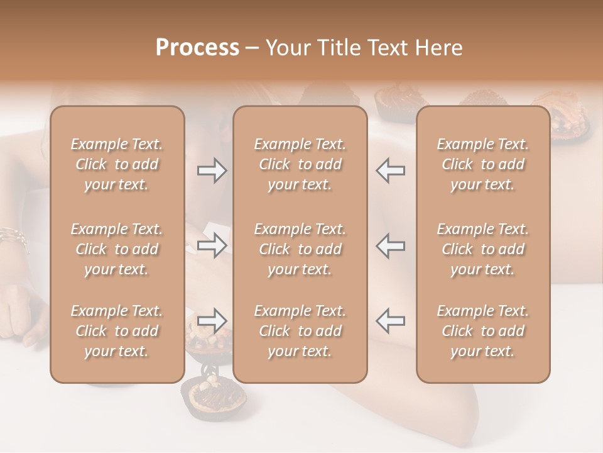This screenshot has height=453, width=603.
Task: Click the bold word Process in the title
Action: click(197, 48)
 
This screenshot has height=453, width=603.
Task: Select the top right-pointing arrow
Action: click(212, 171)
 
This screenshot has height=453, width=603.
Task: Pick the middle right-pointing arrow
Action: click(212, 245)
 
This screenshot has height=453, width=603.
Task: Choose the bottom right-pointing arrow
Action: click(212, 321)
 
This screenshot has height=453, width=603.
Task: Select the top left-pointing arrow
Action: click(391, 171)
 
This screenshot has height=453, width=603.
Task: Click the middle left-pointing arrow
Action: click(391, 245)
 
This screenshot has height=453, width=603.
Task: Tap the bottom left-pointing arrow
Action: click(391, 321)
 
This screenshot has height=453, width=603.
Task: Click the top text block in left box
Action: click(117, 164)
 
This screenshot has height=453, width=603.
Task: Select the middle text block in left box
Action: click(117, 249)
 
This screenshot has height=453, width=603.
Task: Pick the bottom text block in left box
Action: click(117, 331)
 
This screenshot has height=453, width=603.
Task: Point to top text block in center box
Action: click(300, 164)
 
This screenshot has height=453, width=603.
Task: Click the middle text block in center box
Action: click(300, 249)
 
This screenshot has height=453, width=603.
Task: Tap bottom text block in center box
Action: click(300, 331)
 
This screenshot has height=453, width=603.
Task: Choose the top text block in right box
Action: click(482, 164)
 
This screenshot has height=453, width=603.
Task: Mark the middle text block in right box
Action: click(482, 249)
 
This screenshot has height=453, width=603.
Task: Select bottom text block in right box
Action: click(482, 331)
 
